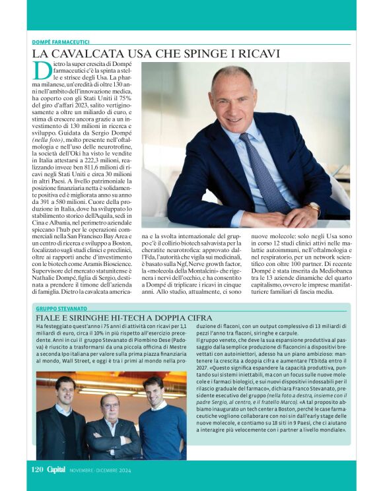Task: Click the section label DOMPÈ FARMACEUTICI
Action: pos(61,42)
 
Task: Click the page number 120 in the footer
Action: pos(37,470)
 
